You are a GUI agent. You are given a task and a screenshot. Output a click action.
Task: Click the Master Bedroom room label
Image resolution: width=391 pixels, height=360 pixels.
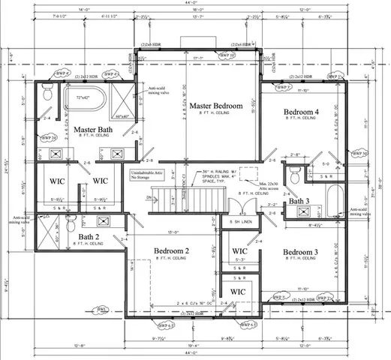[x=215, y=106]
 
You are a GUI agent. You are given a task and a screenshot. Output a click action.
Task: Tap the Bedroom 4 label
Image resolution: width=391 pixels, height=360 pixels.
[x=300, y=112]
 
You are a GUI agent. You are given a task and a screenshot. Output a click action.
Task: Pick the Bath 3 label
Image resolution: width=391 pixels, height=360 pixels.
[x=299, y=201]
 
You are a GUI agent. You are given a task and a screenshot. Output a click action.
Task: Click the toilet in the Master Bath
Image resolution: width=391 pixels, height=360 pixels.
[x=47, y=94]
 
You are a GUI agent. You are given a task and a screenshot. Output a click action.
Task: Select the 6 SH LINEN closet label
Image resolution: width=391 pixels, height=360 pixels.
[x=239, y=223]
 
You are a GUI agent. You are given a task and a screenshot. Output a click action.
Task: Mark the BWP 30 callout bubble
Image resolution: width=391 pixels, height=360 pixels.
[x=359, y=154]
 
